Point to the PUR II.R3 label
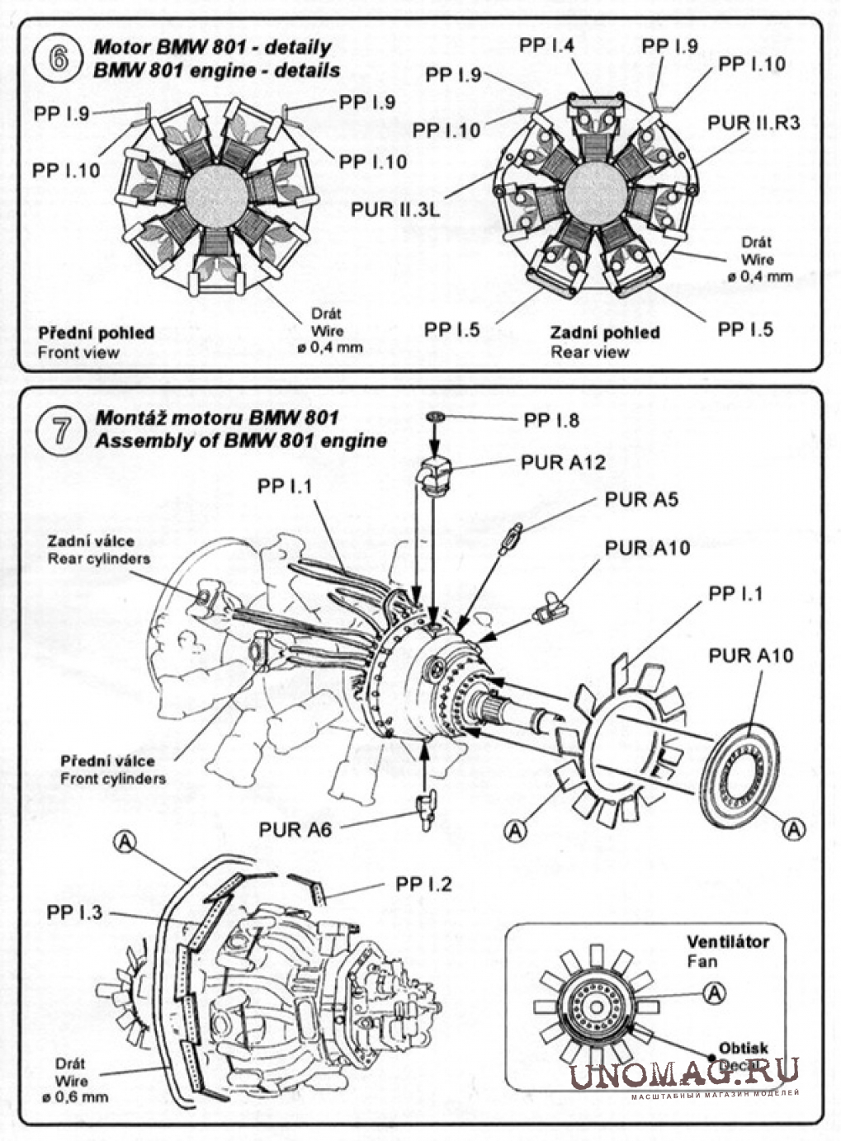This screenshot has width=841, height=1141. pyautogui.click(x=753, y=122)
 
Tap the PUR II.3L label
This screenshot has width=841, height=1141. pyautogui.click(x=395, y=210)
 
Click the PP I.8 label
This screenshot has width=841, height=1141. pyautogui.click(x=551, y=421)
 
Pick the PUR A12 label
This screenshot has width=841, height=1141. pyautogui.click(x=563, y=462)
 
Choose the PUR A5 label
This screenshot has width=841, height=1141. pyautogui.click(x=641, y=499)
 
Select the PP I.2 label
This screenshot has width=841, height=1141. pyautogui.click(x=423, y=884)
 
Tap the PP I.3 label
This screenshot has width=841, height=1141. pyautogui.click(x=75, y=912)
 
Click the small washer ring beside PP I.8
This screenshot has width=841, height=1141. pyautogui.click(x=437, y=418)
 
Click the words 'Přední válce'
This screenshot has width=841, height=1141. pyautogui.click(x=106, y=761)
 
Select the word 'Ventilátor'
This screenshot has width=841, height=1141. pyautogui.click(x=727, y=942)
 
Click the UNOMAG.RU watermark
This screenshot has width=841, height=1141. pyautogui.click(x=684, y=1073)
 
